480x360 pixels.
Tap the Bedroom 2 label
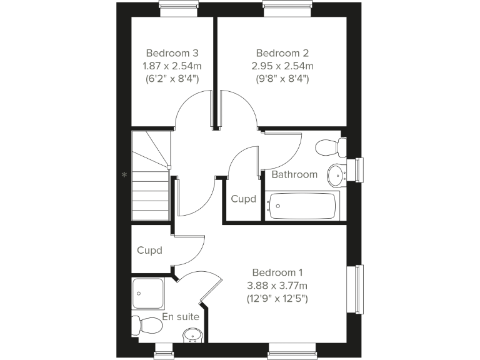pos(282,53)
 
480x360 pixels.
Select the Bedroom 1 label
pos(277,272)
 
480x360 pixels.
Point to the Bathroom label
pos(294,174)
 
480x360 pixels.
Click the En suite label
pos(181,317)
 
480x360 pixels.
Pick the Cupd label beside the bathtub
pos(244,199)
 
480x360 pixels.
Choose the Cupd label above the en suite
pos(150,251)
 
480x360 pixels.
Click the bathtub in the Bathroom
pos(302,206)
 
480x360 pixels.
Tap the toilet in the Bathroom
pos(331,147)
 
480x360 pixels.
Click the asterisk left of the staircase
pos(124,175)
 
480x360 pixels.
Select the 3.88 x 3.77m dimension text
pos(277,286)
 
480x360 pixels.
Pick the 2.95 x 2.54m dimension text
pos(282,66)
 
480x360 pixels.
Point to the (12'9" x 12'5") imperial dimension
pos(277,299)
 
